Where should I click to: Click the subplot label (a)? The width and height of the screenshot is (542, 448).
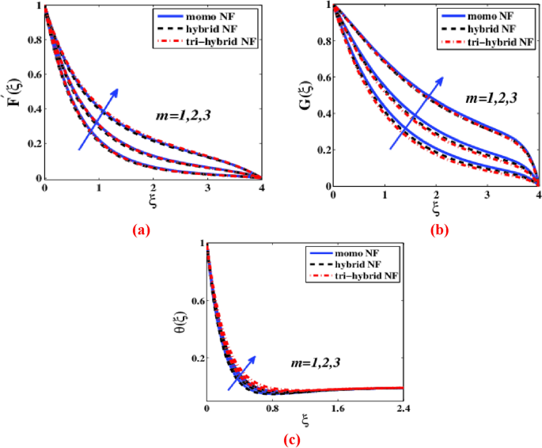click(x=141, y=231)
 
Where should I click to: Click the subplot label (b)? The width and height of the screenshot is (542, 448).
click(x=437, y=231)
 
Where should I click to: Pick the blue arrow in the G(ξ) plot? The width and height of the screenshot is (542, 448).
click(x=417, y=112)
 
